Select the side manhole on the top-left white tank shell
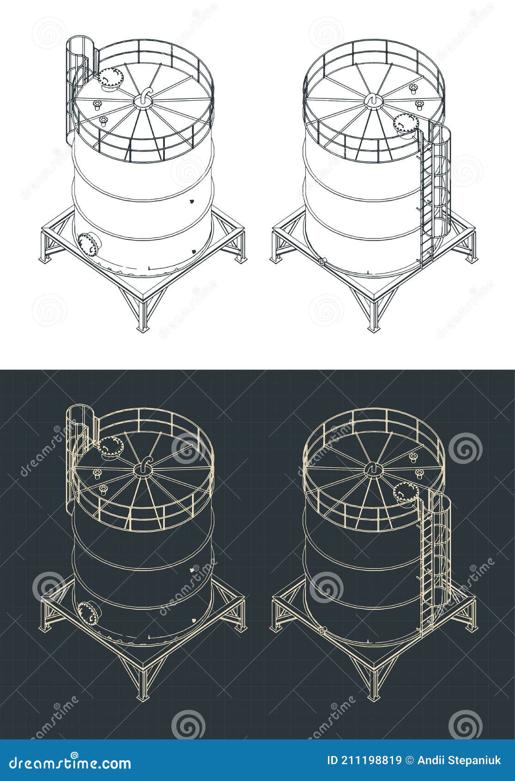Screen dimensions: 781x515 [x=89, y=243]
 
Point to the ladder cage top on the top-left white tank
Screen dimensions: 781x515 [x=81, y=42]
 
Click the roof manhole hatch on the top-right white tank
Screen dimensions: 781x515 [x=406, y=124]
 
